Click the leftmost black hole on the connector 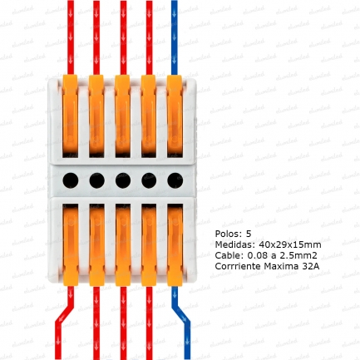tap(71, 180)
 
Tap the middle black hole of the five tap(123, 180)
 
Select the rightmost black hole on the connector tap(175, 180)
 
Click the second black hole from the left tap(97, 180)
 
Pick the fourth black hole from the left tap(149, 180)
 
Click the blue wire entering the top tap(175, 37)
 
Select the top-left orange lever tap(70, 116)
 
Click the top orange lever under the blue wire tap(175, 116)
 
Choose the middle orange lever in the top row tap(123, 116)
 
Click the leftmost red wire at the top tap(71, 37)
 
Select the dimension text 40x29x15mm tap(290, 244)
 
